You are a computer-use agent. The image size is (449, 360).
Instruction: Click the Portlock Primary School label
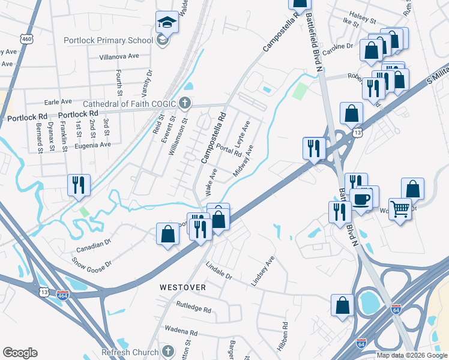click(109, 41)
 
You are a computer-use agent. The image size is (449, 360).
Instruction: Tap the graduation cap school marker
click(167, 23)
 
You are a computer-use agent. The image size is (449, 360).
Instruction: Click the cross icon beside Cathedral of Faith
click(185, 103)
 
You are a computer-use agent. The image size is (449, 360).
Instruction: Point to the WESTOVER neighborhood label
click(182, 287)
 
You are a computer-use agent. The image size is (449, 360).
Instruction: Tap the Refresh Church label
click(130, 352)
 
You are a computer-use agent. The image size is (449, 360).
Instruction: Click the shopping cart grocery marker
click(400, 209)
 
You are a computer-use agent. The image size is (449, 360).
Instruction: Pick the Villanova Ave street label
click(119, 55)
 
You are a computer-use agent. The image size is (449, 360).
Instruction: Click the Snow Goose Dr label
click(92, 263)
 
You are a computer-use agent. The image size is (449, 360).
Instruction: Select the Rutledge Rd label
click(193, 310)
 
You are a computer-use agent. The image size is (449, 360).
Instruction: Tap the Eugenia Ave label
click(93, 145)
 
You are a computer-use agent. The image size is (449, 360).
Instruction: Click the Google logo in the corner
click(20, 353)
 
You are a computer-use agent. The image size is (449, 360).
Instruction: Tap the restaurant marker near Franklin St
click(79, 185)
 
